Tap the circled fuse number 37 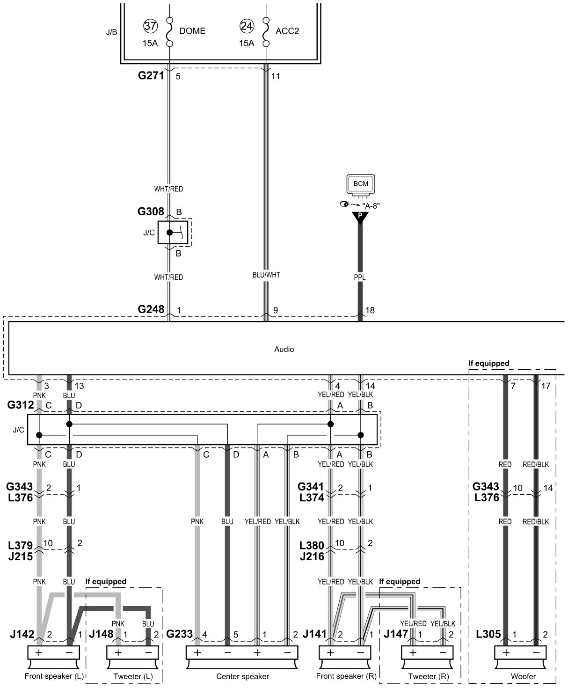tap(150, 26)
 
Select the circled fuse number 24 tap(247, 26)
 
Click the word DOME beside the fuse tap(192, 31)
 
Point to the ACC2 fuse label tap(288, 31)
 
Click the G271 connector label tap(151, 75)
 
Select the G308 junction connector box tap(173, 232)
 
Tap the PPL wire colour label tap(360, 277)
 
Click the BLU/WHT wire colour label tap(266, 275)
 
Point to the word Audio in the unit tap(284, 349)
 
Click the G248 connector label tap(151, 309)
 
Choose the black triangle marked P tap(360, 217)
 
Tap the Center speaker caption tap(242, 676)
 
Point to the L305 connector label tap(488, 635)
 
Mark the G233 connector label tap(179, 635)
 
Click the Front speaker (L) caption tap(54, 676)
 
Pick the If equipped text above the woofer tap(488, 363)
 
